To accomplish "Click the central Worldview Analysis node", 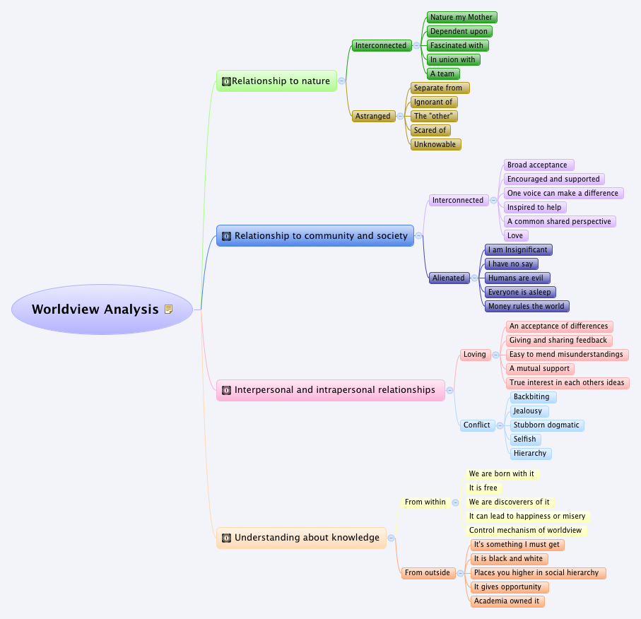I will click(x=95, y=309).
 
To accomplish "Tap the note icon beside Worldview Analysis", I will click(x=169, y=309).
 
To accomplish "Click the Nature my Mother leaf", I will click(x=461, y=17).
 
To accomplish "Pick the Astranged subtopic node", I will click(x=372, y=116).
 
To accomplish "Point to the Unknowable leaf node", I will click(x=435, y=144).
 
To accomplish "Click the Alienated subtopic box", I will click(x=449, y=278).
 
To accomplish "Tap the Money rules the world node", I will click(x=527, y=306).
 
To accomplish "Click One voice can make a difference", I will click(x=563, y=193).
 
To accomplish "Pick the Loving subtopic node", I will click(x=475, y=354).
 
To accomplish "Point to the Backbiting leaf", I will click(x=531, y=396).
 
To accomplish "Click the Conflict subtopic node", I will click(x=476, y=425).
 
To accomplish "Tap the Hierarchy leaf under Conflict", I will click(x=530, y=453).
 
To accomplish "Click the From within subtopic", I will click(x=425, y=502).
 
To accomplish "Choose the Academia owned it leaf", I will click(x=507, y=601).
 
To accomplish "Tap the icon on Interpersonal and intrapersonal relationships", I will click(x=227, y=390).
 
